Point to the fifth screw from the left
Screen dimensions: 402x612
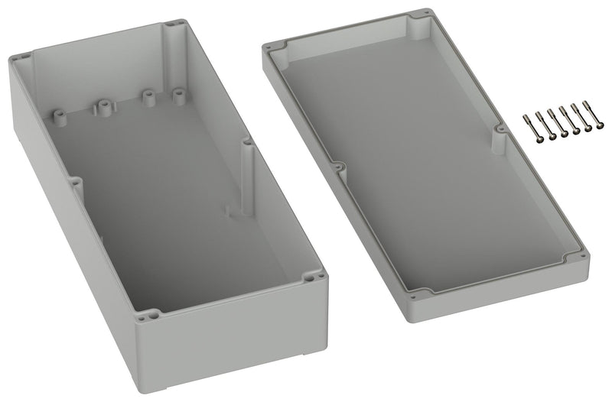[577, 122]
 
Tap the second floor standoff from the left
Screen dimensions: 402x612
[100, 106]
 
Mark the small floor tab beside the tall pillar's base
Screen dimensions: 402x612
[228, 208]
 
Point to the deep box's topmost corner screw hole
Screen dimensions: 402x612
[179, 22]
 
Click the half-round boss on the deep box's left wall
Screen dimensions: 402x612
[76, 183]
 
